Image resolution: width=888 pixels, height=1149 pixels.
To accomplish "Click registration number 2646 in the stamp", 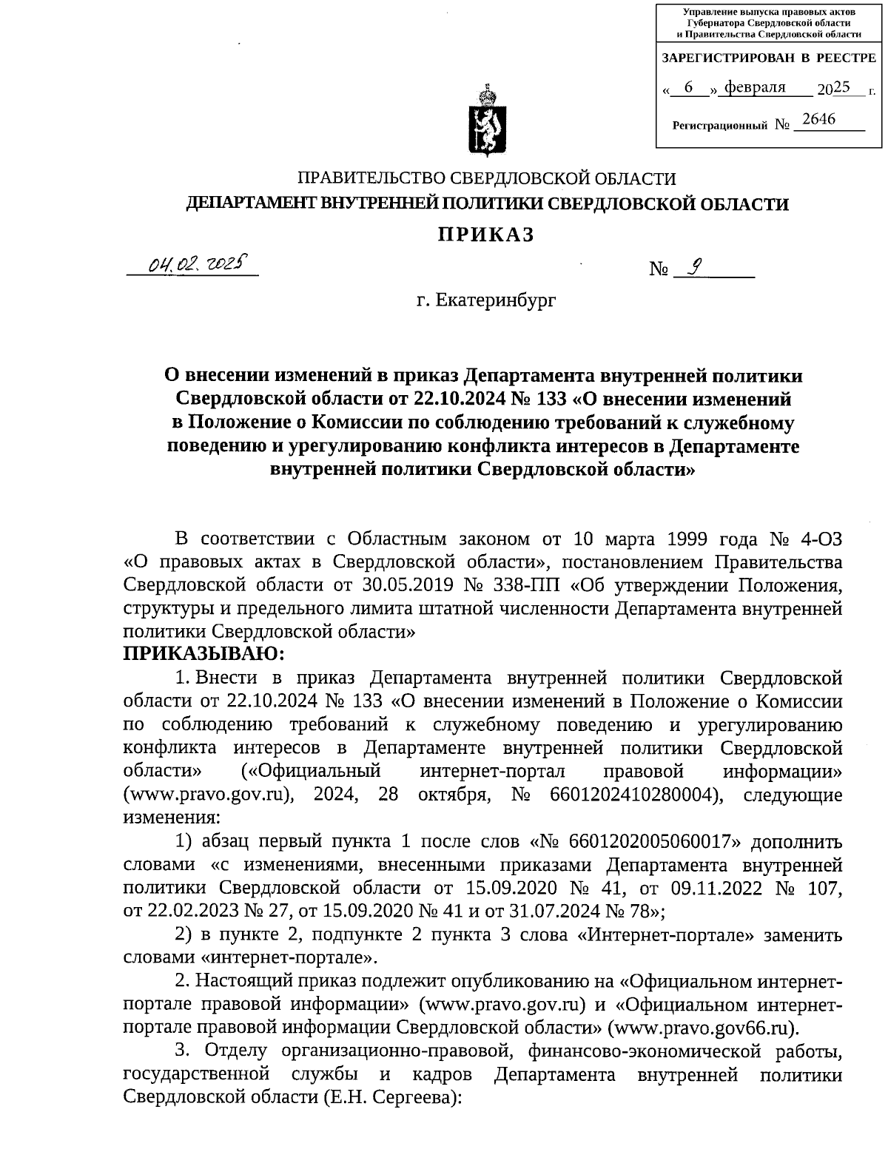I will (x=818, y=119).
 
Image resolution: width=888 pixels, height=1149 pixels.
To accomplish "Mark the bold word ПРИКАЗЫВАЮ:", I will (x=203, y=653).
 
